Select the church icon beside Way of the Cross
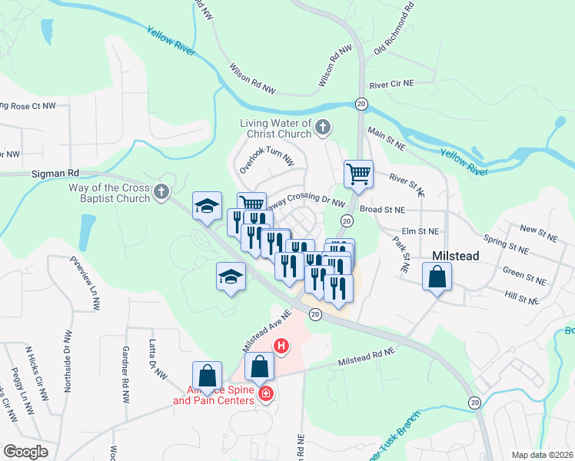(x=161, y=191)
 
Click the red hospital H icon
(x=282, y=347)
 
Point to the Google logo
(x=25, y=452)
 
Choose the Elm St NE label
(x=420, y=230)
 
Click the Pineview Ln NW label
(x=87, y=283)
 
